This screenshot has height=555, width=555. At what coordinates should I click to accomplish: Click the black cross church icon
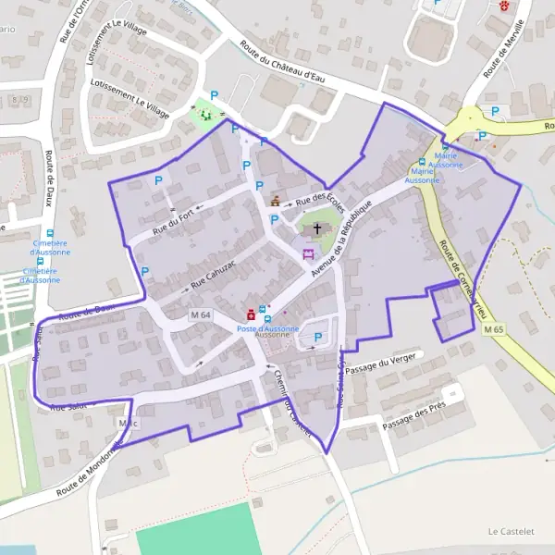coord(317,227)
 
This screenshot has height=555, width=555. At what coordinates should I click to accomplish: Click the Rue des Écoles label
coord(320,200)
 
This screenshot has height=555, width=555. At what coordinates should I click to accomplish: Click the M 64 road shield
coord(201,315)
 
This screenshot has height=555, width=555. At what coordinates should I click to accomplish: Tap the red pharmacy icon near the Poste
coord(250,314)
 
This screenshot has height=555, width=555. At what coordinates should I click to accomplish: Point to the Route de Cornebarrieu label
coord(463,278)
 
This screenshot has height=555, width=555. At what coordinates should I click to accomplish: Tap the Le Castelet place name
coord(511,532)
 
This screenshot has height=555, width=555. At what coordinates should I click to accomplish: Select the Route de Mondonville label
coord(89,468)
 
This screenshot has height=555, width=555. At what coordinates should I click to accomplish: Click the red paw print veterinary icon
coord(503,6)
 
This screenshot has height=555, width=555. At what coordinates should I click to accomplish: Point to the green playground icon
coord(205,115)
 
